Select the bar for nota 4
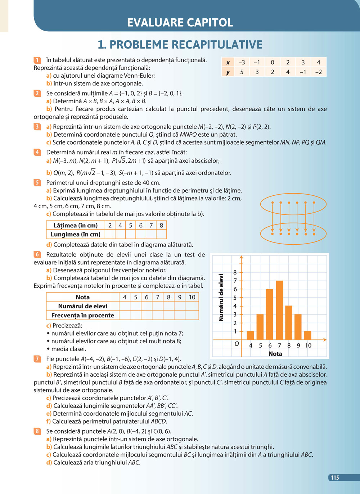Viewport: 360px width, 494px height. click(x=250, y=335)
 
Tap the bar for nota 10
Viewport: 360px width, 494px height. click(x=308, y=335)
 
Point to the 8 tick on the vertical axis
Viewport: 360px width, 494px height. click(x=235, y=272)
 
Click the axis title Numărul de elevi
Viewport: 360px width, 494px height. click(x=221, y=298)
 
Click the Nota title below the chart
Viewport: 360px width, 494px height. click(x=275, y=354)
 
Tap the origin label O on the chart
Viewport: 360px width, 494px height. click(x=237, y=344)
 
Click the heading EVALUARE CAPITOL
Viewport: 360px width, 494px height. click(x=180, y=22)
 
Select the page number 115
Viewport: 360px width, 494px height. click(x=335, y=477)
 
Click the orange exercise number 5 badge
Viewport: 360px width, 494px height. click(x=37, y=183)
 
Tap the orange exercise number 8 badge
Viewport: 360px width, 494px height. click(x=37, y=431)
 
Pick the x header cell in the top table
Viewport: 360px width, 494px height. click(x=228, y=62)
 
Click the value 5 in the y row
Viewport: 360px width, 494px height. click(x=242, y=72)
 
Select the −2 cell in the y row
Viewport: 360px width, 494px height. click(x=318, y=72)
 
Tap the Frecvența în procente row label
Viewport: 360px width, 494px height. click(x=83, y=315)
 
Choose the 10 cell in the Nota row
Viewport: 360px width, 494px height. click(x=192, y=297)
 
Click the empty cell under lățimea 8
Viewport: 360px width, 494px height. click(x=161, y=234)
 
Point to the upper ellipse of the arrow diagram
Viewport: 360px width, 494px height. click(x=293, y=204)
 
